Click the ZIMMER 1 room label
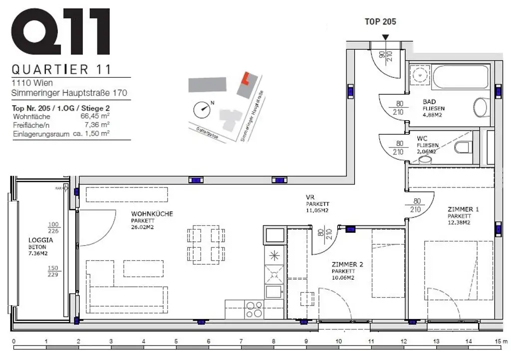tap(463, 209)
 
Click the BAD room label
tap(429, 101)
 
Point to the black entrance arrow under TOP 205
tap(385, 37)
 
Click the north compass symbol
tap(202, 107)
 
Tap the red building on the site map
tap(245, 79)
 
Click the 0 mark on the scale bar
tap(13, 342)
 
